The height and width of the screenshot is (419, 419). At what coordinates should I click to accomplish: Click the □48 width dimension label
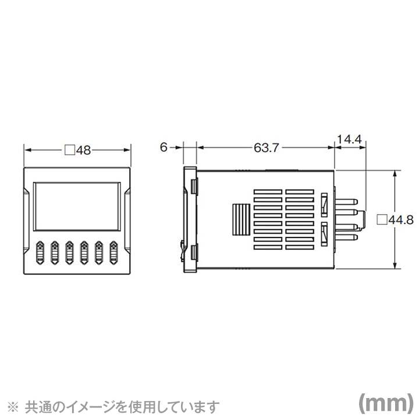pyautogui.click(x=77, y=150)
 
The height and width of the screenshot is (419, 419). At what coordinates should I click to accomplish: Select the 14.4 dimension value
pyautogui.click(x=349, y=140)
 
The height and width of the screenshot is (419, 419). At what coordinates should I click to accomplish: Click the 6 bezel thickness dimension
pyautogui.click(x=165, y=148)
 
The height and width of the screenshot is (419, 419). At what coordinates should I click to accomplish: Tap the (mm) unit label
pyautogui.click(x=385, y=403)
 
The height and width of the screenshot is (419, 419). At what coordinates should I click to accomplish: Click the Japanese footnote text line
pyautogui.click(x=119, y=405)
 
